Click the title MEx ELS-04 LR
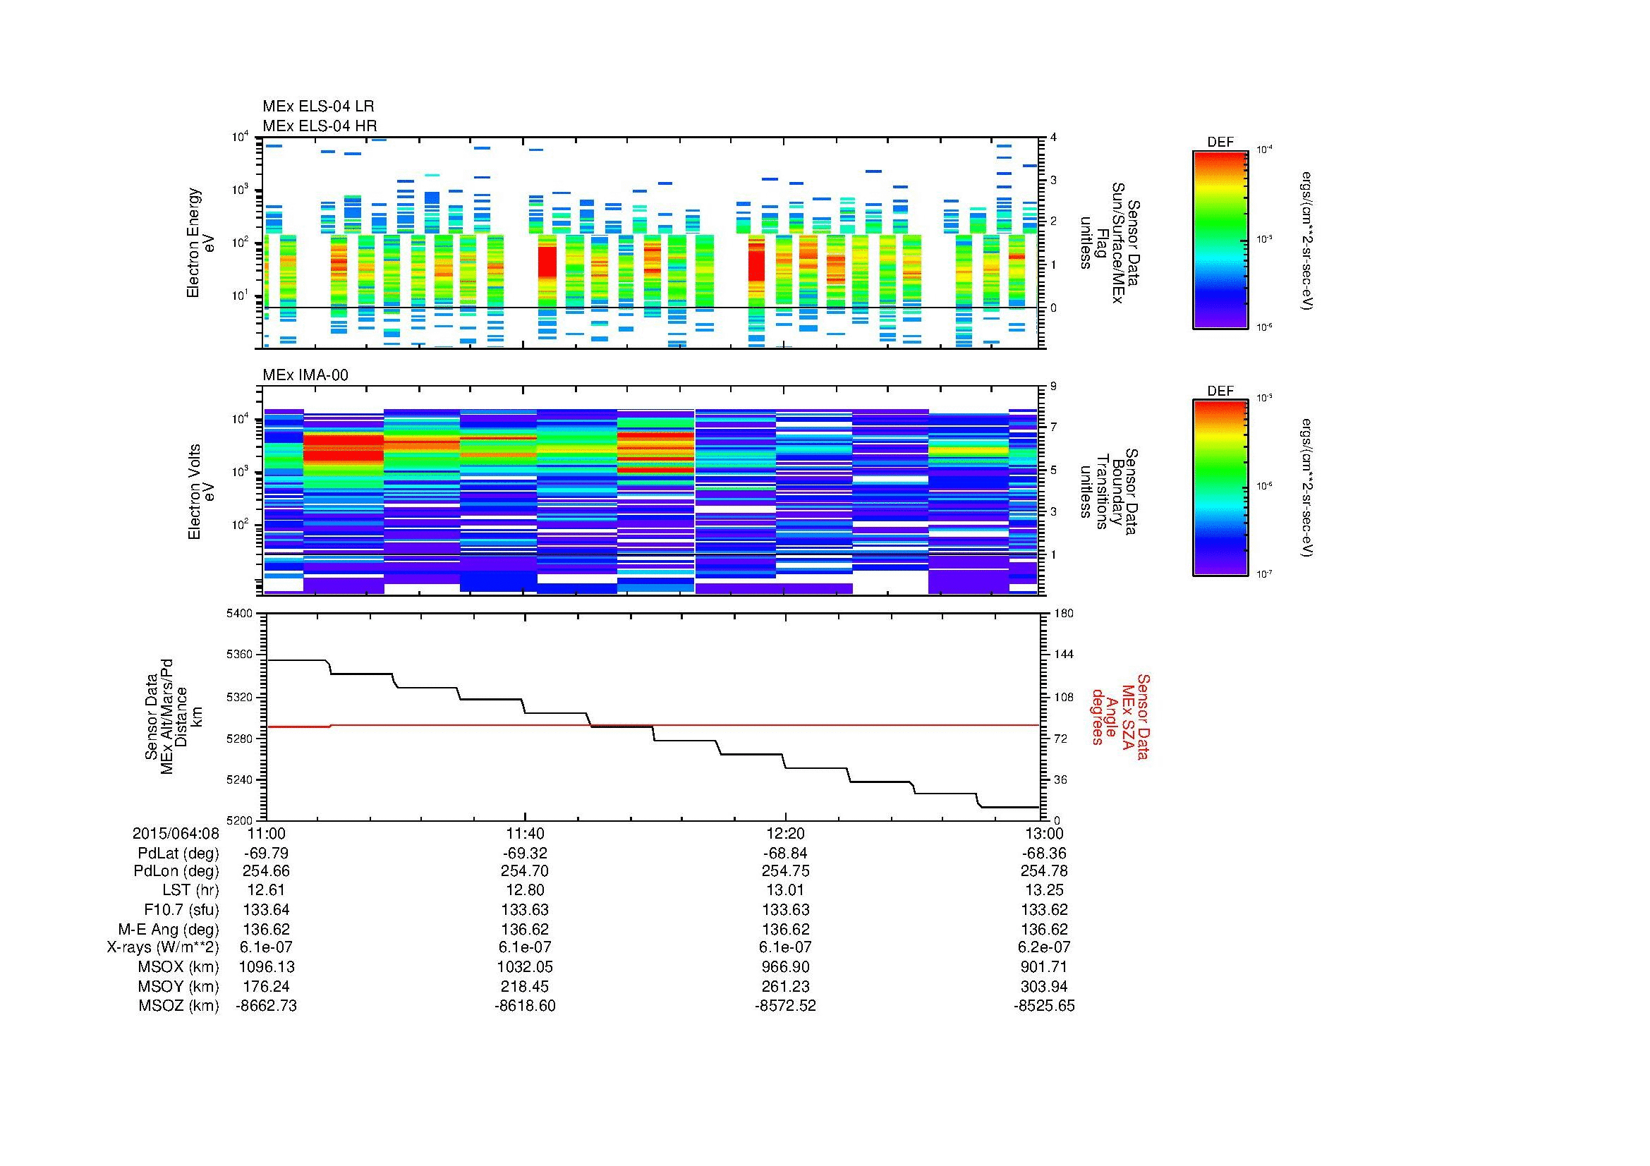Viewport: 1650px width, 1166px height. pos(317,107)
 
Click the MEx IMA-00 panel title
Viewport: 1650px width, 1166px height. pos(305,375)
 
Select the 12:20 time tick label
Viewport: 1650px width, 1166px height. pos(784,833)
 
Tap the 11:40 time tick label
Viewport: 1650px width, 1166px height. pos(526,833)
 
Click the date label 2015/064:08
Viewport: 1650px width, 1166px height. pos(176,833)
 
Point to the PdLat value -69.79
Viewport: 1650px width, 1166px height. pos(266,853)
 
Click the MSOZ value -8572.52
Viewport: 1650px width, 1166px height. pos(784,1006)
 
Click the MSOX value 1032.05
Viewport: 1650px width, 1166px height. pos(526,968)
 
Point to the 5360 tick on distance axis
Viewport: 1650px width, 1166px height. pos(238,655)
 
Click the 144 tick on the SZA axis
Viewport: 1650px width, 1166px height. pos(1063,655)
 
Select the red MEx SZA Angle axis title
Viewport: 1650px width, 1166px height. pos(1120,716)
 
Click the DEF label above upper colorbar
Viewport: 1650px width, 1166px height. pos(1220,142)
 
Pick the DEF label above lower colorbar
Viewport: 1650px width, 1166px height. pos(1220,391)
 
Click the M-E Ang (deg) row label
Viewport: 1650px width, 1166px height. pos(169,930)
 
